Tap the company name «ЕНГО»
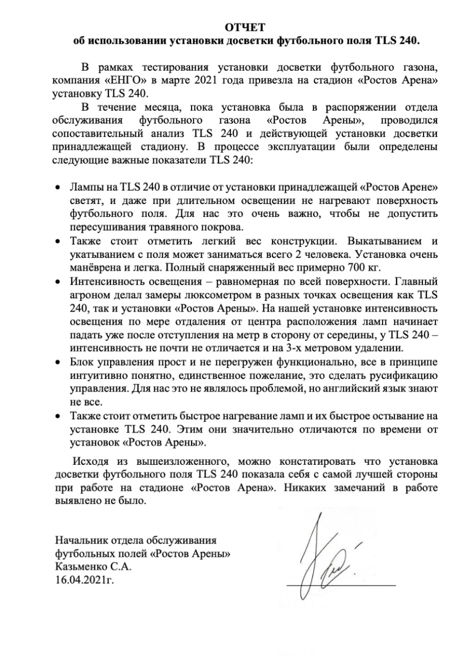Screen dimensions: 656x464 (111, 81)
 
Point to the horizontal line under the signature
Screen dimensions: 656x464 (341, 585)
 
